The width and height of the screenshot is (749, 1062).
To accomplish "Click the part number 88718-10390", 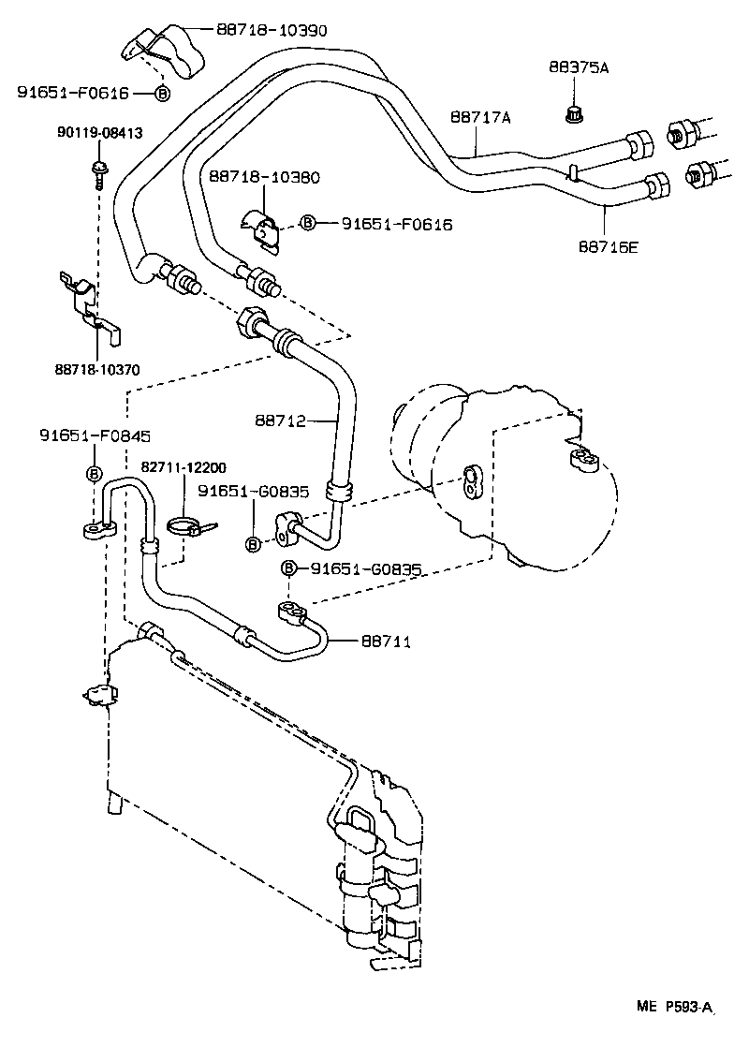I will (x=272, y=30).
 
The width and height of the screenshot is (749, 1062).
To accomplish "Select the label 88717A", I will (x=480, y=117).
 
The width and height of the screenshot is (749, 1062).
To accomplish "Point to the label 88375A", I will (x=578, y=67).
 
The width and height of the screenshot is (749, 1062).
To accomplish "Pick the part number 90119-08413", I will (x=99, y=133).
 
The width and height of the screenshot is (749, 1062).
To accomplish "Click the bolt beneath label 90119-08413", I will (x=97, y=171).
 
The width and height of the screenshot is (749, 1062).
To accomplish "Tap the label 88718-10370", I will (x=97, y=369).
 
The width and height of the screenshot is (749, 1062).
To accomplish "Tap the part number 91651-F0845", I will (x=95, y=435).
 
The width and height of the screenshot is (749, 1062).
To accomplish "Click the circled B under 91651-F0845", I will (x=95, y=474).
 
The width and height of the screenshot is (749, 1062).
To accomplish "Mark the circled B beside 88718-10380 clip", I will (x=307, y=223).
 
